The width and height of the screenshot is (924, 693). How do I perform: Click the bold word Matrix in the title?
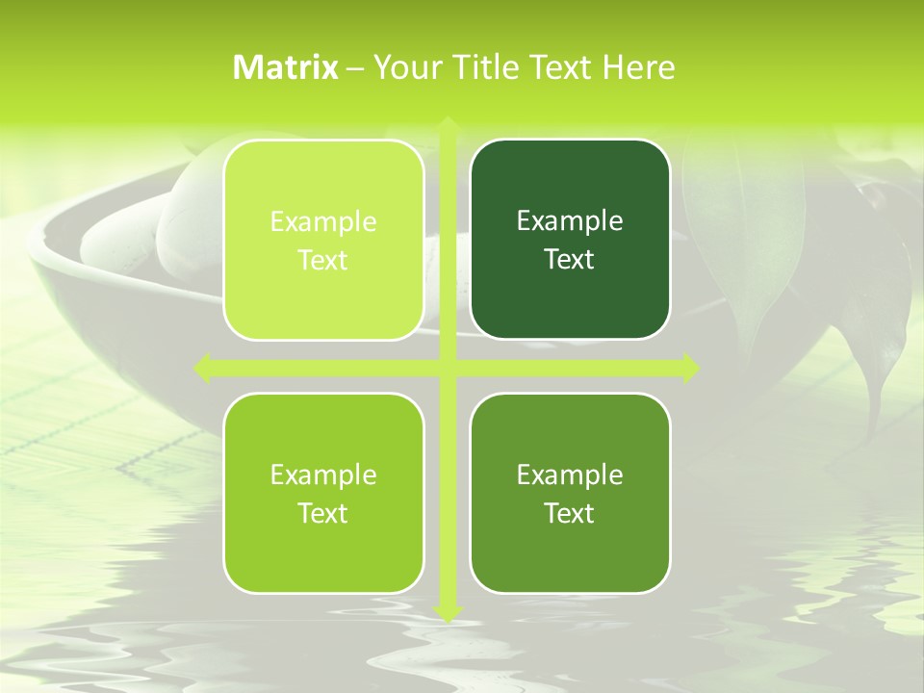coord(286,67)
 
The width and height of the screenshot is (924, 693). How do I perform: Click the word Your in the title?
coord(404,67)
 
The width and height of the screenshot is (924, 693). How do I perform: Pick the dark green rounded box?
coord(570,240)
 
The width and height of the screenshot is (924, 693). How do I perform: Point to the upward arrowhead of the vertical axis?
coord(447,125)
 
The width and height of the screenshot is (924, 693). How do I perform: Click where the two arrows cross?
coord(447,368)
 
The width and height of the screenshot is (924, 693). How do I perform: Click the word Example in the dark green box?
coord(570,221)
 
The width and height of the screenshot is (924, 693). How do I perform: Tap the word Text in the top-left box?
coord(323,261)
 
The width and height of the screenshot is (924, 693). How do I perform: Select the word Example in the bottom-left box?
coord(323,475)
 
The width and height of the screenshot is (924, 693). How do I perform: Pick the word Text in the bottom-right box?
coord(570,513)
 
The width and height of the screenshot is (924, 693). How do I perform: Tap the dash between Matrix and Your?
coord(355,68)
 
